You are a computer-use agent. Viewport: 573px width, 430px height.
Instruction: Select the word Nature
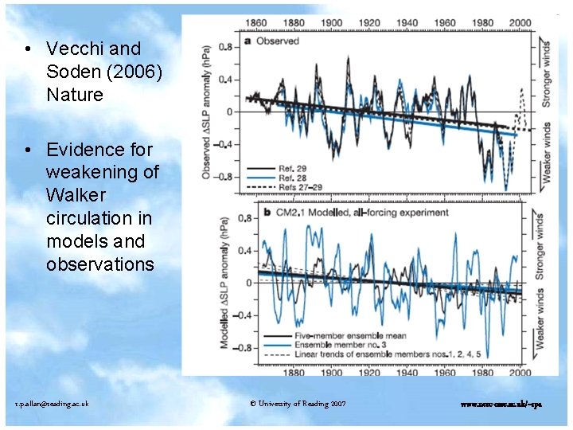(75, 95)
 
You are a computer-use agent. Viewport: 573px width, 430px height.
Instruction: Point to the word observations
(100, 264)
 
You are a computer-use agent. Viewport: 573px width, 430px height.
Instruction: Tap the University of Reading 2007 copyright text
(298, 404)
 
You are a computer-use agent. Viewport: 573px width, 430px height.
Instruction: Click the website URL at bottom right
(501, 404)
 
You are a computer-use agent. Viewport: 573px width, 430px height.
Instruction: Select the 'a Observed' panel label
(272, 41)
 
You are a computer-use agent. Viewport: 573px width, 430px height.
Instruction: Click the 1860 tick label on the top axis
(256, 23)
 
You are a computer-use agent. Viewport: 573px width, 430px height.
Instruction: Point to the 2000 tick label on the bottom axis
(520, 372)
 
